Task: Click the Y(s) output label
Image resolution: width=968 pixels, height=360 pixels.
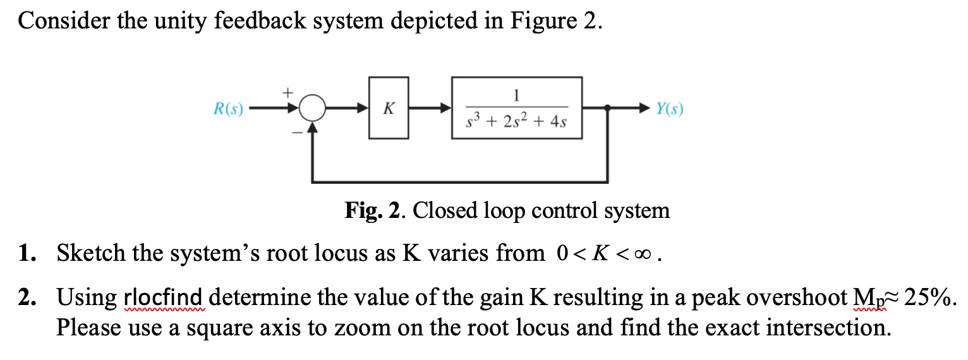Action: [x=669, y=109]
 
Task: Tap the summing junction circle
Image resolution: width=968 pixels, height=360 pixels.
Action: [x=311, y=109]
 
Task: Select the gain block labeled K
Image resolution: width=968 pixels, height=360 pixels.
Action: [x=389, y=108]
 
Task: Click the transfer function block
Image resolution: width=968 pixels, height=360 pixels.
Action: [x=516, y=108]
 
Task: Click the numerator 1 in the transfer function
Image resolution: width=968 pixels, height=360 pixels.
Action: [x=517, y=95]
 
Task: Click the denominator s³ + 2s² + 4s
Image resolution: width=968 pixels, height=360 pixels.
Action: [x=517, y=121]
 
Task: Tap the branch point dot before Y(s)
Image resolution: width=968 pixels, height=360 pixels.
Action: [x=608, y=109]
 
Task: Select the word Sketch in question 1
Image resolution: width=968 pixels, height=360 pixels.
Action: [x=85, y=254]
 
